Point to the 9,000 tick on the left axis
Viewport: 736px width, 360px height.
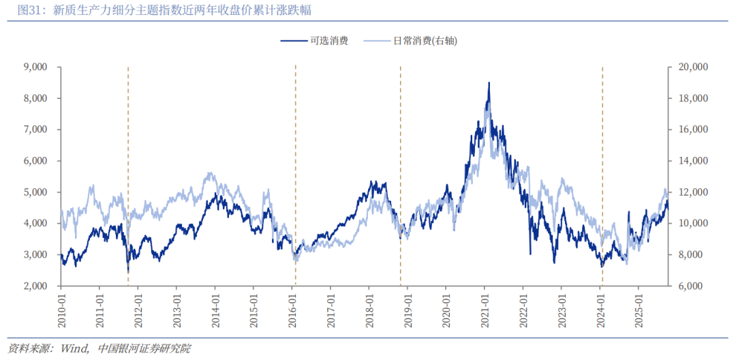(34, 67)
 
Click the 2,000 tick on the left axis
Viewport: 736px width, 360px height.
(34, 286)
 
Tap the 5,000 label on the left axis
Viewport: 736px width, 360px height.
(34, 192)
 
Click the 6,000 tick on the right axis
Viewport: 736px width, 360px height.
(692, 286)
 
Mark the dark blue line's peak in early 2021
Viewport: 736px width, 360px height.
(489, 83)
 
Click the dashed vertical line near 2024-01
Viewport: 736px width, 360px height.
(602, 170)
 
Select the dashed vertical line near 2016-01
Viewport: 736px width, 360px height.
(295, 170)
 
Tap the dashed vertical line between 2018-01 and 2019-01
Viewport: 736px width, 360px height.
(400, 170)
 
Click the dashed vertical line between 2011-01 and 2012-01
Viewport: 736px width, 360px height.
(128, 170)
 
